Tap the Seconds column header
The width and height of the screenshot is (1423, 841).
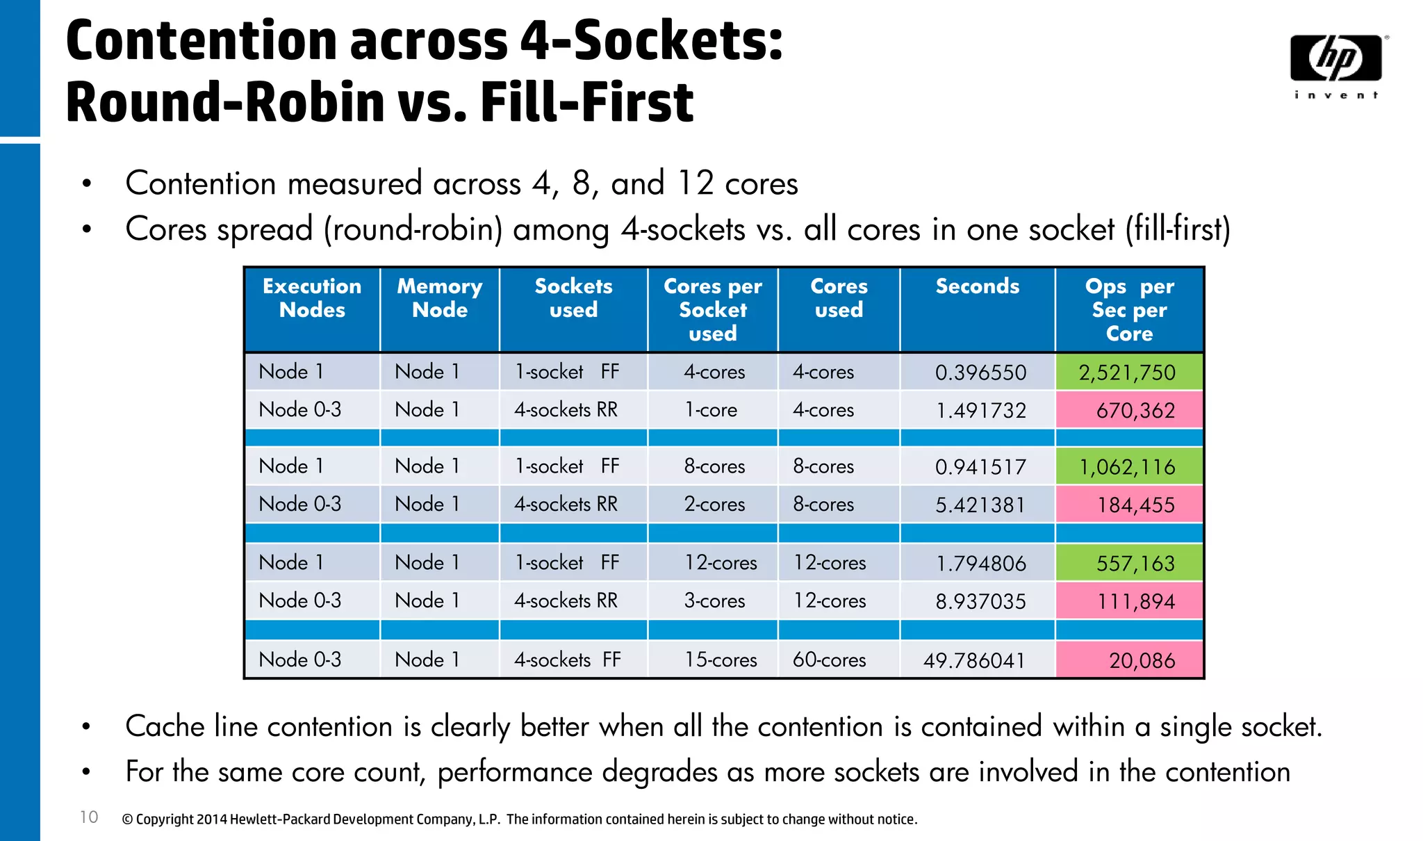pos(977,286)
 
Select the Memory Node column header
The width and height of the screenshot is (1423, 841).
pos(439,297)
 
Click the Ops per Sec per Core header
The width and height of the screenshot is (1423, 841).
pos(1129,309)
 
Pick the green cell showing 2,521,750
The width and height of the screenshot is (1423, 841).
pos(1128,373)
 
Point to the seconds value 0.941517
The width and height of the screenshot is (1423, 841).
pos(980,466)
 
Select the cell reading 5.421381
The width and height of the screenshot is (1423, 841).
pos(980,505)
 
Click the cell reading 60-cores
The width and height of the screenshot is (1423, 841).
pos(830,660)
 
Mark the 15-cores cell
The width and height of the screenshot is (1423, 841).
pos(720,660)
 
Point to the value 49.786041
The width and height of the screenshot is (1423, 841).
pos(974,660)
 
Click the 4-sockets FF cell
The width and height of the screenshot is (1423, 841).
pos(567,660)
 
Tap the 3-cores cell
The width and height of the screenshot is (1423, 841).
pos(714,601)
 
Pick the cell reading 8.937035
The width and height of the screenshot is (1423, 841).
pos(980,601)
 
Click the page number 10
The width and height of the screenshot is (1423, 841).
pos(89,817)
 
